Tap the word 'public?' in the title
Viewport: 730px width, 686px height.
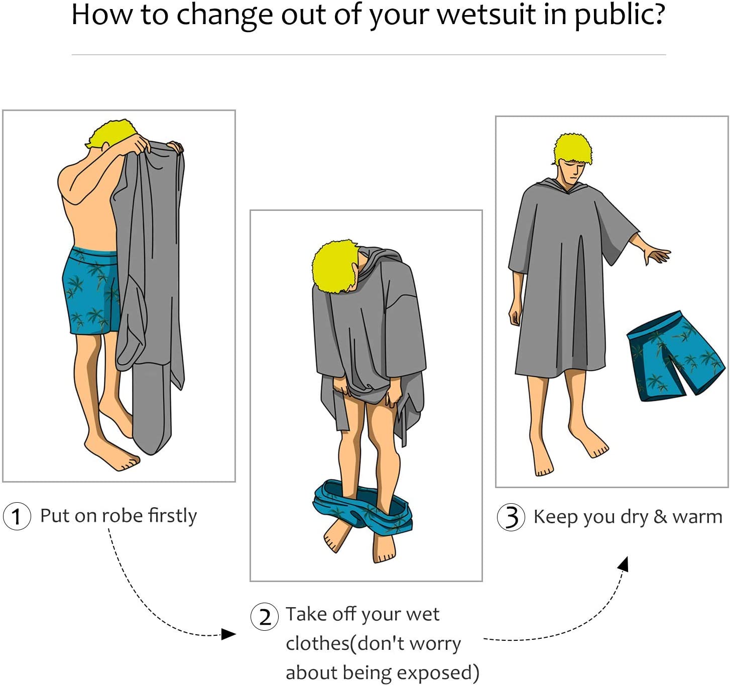pos(620,16)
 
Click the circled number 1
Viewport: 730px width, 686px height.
pos(17,516)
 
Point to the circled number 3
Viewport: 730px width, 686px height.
pos(511,517)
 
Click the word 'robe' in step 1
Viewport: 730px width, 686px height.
pos(123,516)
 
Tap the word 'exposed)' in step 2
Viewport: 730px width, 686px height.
pos(438,673)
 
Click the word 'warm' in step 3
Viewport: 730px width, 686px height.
pos(697,517)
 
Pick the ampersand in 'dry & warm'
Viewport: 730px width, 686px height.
pos(661,516)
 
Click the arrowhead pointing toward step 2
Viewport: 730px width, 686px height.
pos(228,634)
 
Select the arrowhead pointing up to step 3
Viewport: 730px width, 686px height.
pos(624,564)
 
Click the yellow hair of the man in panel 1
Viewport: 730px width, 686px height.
pos(112,134)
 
